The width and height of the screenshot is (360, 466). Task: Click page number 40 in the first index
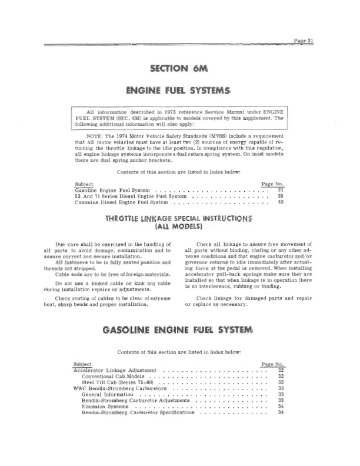coord(280,202)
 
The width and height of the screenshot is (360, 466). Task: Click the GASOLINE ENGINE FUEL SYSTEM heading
coord(180,328)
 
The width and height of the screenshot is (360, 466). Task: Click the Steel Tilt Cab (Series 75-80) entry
coord(119,382)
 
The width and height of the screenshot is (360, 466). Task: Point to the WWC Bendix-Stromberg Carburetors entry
coord(119,388)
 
